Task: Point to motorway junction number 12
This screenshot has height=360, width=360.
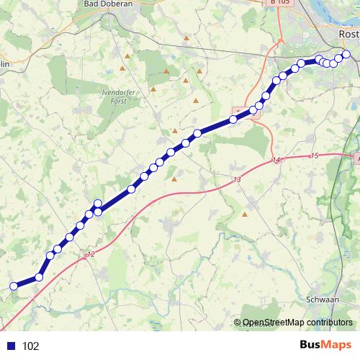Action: point(90,254)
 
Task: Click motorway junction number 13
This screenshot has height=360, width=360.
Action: point(237,179)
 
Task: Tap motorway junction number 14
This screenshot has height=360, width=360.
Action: point(276,160)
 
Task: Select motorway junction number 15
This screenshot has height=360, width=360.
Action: point(314,156)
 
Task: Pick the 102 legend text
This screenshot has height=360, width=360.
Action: point(31,346)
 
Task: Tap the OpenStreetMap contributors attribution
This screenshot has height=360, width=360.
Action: point(297,323)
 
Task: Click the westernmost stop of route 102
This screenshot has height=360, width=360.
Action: point(13,287)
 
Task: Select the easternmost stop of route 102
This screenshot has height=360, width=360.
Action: point(346,55)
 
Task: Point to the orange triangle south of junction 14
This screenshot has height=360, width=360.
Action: point(245,214)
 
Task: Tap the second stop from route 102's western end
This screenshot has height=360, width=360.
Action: point(39,276)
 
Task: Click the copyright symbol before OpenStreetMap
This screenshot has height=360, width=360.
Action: point(238,323)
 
